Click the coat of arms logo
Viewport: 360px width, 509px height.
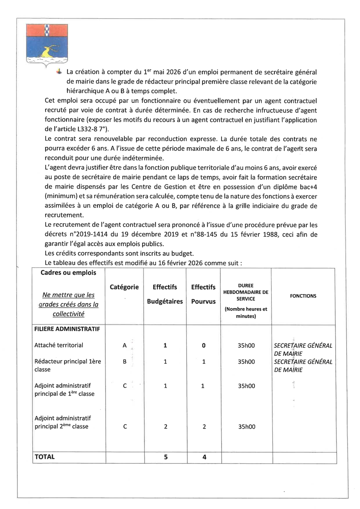coord(47,44)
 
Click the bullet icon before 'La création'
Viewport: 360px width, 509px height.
coord(59,72)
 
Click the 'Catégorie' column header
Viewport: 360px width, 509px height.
coord(124,287)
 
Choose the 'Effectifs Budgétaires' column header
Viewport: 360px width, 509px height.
coord(165,294)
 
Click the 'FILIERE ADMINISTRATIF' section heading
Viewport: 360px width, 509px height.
coord(67,329)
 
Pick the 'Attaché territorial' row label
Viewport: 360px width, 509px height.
coord(59,345)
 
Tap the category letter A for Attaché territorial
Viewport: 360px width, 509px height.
coord(124,345)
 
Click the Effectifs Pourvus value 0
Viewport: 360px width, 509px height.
coord(204,345)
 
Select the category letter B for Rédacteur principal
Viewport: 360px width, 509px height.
coord(124,362)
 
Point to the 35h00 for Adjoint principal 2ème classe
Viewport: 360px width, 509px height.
coord(246,427)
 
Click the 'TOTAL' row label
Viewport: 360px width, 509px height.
coord(45,457)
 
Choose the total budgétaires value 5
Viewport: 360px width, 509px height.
coord(165,457)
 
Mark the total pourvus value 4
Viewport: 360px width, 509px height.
coord(204,457)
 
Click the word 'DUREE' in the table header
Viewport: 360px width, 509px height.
coord(246,285)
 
